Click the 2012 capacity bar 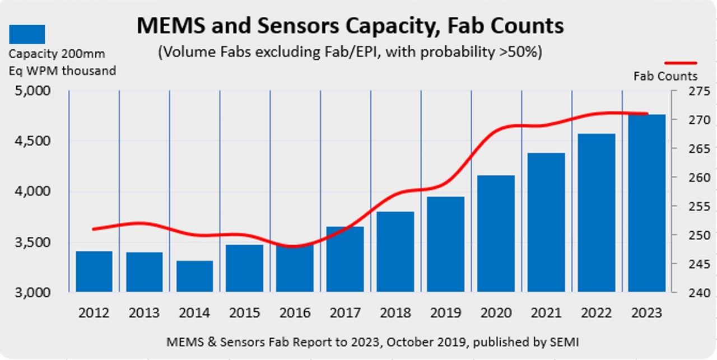click(x=94, y=272)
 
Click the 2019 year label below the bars click(x=445, y=312)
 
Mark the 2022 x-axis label click(x=596, y=312)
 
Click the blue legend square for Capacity click(x=27, y=34)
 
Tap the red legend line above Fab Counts click(x=681, y=63)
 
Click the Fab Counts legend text click(x=665, y=76)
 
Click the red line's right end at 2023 click(x=647, y=114)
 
